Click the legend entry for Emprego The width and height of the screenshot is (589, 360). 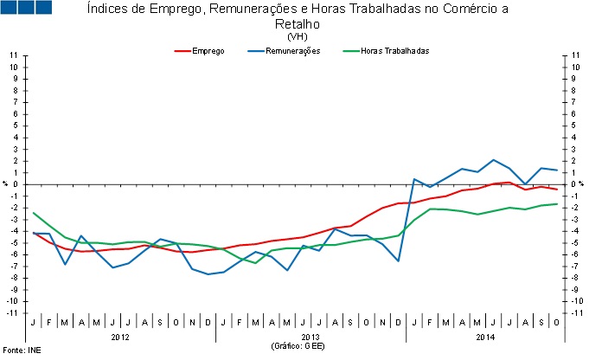208,51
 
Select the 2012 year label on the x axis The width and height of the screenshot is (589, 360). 120,336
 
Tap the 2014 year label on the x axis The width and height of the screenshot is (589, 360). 485,336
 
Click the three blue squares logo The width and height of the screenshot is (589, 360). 28,8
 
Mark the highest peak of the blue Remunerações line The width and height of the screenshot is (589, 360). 493,160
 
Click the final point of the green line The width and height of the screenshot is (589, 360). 556,203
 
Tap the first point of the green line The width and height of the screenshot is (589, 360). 34,213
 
